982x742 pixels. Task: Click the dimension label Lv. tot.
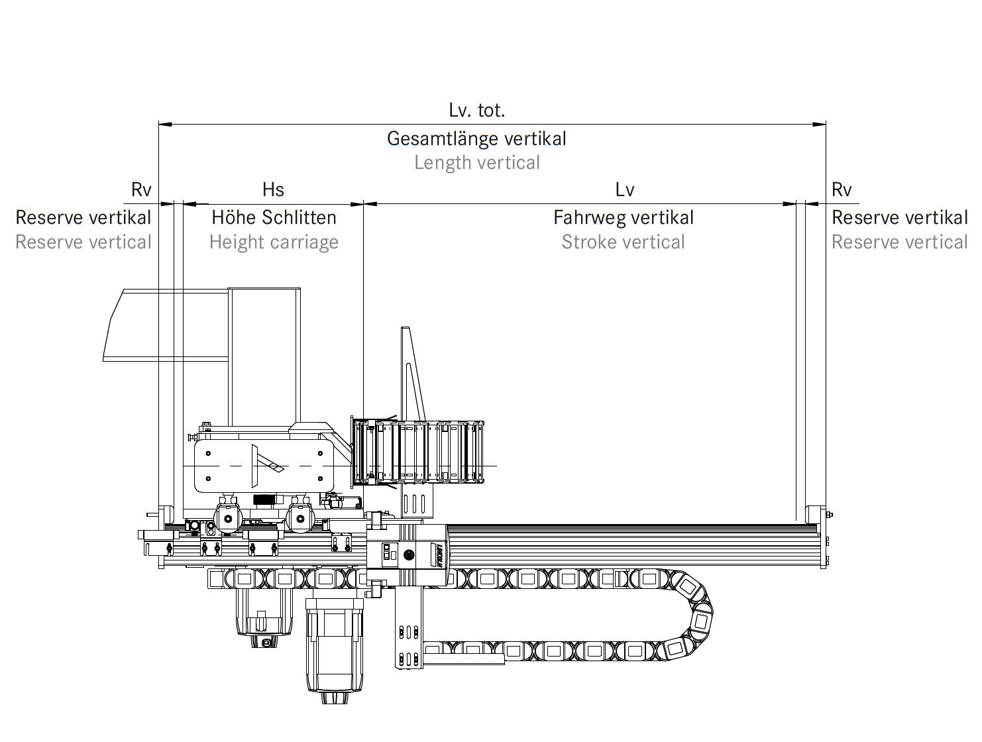pos(476,110)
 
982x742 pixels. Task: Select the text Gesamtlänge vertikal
pos(476,138)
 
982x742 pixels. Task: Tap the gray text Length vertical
pos(476,162)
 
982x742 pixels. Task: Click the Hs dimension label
pos(273,189)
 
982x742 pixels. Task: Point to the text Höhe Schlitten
pos(274,217)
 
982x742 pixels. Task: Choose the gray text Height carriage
pos(274,242)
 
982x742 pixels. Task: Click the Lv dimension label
pos(624,189)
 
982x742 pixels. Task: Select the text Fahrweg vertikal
pos(624,217)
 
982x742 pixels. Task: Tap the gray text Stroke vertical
pos(623,242)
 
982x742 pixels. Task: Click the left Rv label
pos(141,189)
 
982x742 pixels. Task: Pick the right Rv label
pos(841,189)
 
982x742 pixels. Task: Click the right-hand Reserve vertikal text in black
pos(899,217)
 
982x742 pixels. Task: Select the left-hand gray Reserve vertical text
pos(83,242)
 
